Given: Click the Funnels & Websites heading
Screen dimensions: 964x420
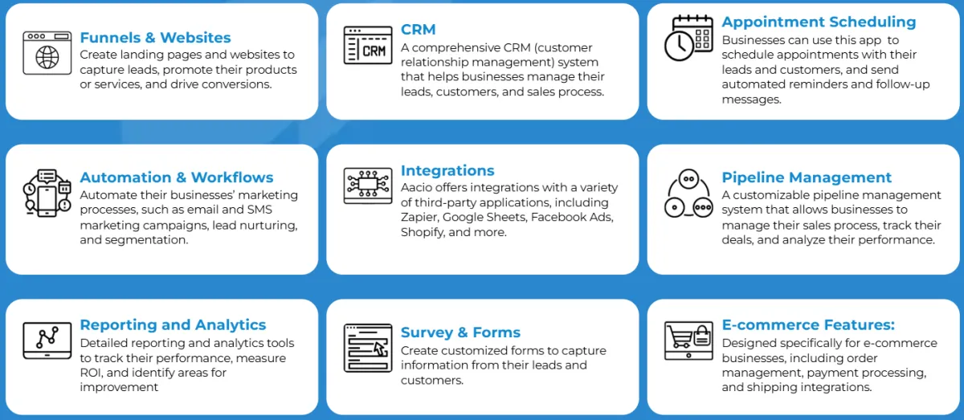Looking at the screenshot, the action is pyautogui.click(x=155, y=38).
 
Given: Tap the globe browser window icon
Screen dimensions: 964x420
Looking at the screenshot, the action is pyautogui.click(x=47, y=53).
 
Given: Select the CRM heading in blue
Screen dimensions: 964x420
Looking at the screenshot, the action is pyautogui.click(x=419, y=29).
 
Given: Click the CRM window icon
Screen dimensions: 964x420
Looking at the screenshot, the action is pyautogui.click(x=368, y=45).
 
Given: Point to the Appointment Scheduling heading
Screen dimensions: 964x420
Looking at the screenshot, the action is pyautogui.click(x=819, y=22).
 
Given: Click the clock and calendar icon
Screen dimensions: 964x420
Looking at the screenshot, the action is pyautogui.click(x=688, y=38).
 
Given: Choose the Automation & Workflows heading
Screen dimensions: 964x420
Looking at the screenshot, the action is pyautogui.click(x=177, y=177).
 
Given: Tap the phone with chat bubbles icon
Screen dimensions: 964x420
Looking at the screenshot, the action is pyautogui.click(x=47, y=193).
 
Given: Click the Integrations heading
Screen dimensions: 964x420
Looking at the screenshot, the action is pyautogui.click(x=447, y=170).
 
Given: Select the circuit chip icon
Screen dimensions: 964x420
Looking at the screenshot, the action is pyautogui.click(x=368, y=186).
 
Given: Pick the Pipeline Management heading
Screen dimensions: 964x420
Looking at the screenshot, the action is pyautogui.click(x=807, y=177).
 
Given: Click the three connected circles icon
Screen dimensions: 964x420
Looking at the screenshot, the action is pyautogui.click(x=688, y=194).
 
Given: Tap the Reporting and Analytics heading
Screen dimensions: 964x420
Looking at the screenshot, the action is pyautogui.click(x=173, y=325).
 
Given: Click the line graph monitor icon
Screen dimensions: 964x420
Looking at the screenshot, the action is pyautogui.click(x=47, y=340).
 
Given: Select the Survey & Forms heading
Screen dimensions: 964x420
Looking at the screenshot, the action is pyautogui.click(x=460, y=332).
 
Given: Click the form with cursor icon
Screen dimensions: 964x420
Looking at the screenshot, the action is pyautogui.click(x=368, y=349).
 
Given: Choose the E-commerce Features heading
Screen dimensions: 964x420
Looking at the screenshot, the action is pyautogui.click(x=808, y=325).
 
